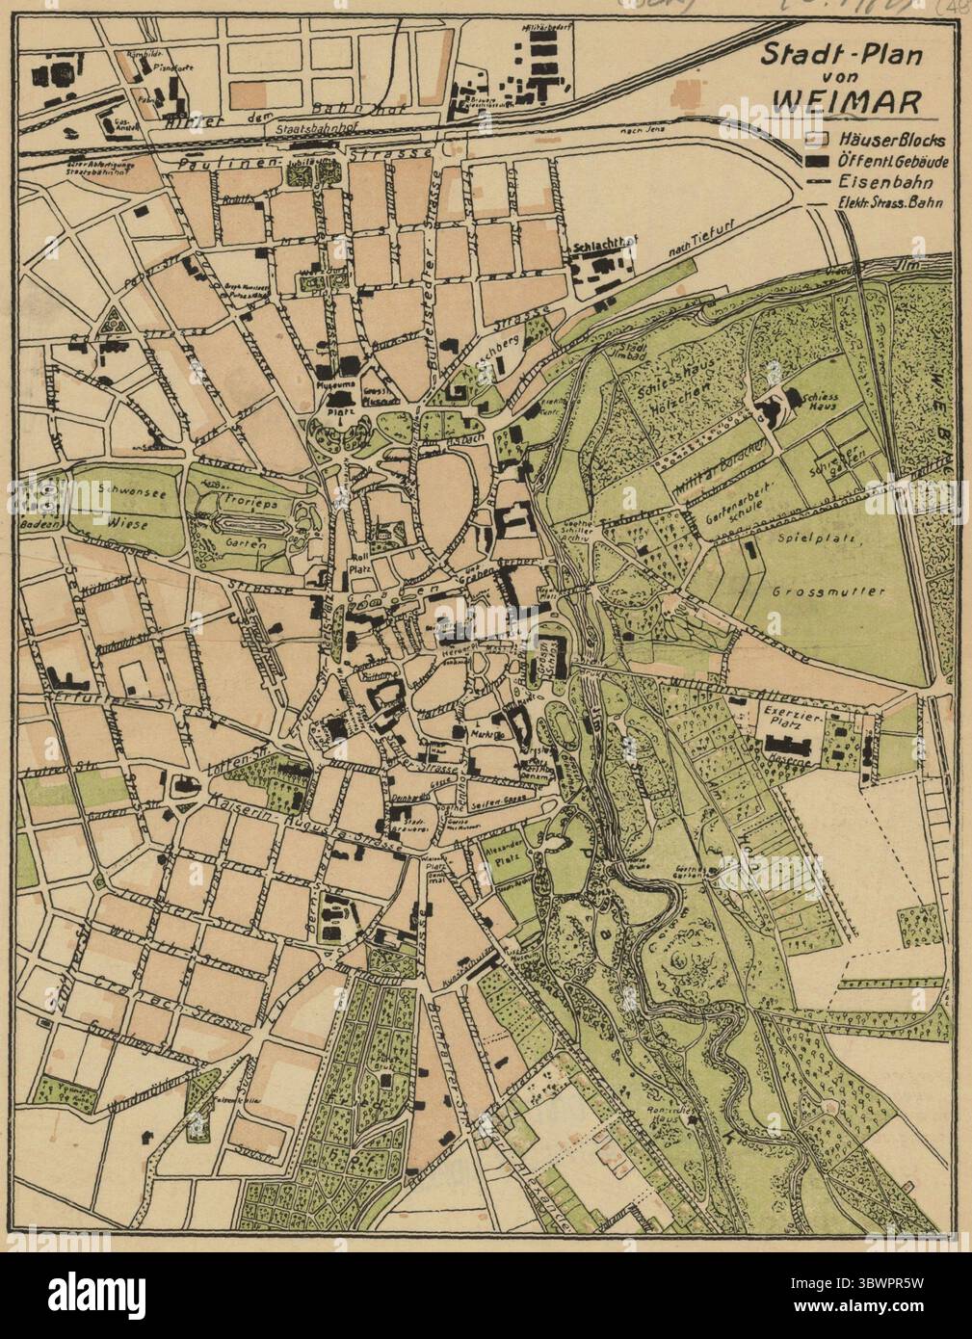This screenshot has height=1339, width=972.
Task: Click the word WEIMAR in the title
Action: pos(839,99)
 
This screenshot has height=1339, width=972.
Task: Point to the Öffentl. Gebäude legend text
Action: pos(892,161)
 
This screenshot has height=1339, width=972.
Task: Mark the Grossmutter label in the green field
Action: pos(813,591)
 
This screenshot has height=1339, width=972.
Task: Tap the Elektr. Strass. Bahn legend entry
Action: pos(891,202)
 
